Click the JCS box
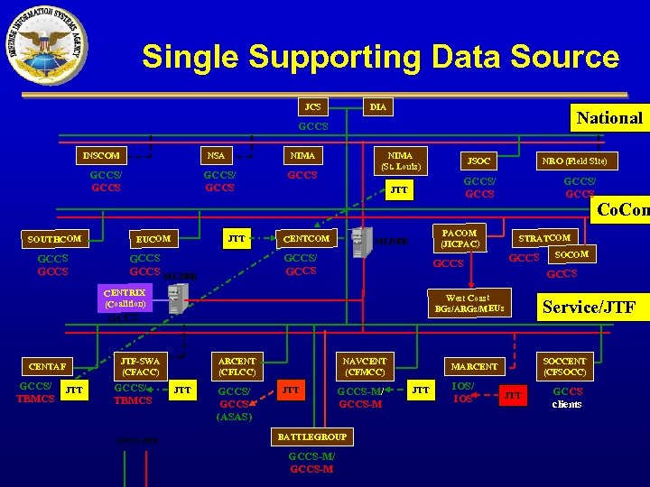point(312,106)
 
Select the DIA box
point(377,106)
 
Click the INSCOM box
point(101,155)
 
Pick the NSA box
point(216,155)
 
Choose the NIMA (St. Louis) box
point(395,161)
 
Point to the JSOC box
point(478,161)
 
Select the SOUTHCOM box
point(55,239)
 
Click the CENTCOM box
point(307,238)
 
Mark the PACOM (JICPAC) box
point(460,238)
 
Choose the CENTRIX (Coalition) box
point(125,298)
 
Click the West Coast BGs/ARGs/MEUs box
point(469,303)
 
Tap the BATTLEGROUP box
point(311,436)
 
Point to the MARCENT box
point(474,366)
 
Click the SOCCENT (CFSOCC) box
point(564,365)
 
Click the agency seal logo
point(42,44)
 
